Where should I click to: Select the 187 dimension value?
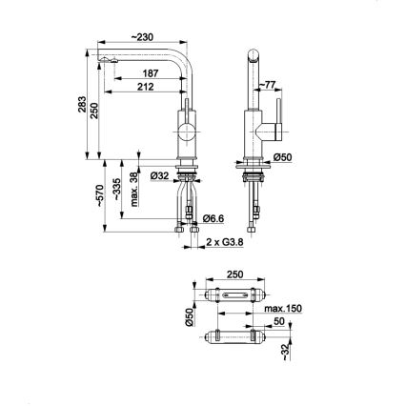[151, 71]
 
